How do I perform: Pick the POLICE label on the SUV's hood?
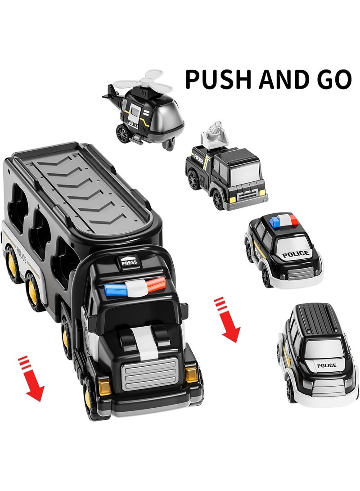[326, 365]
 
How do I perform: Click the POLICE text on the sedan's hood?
[296, 254]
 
